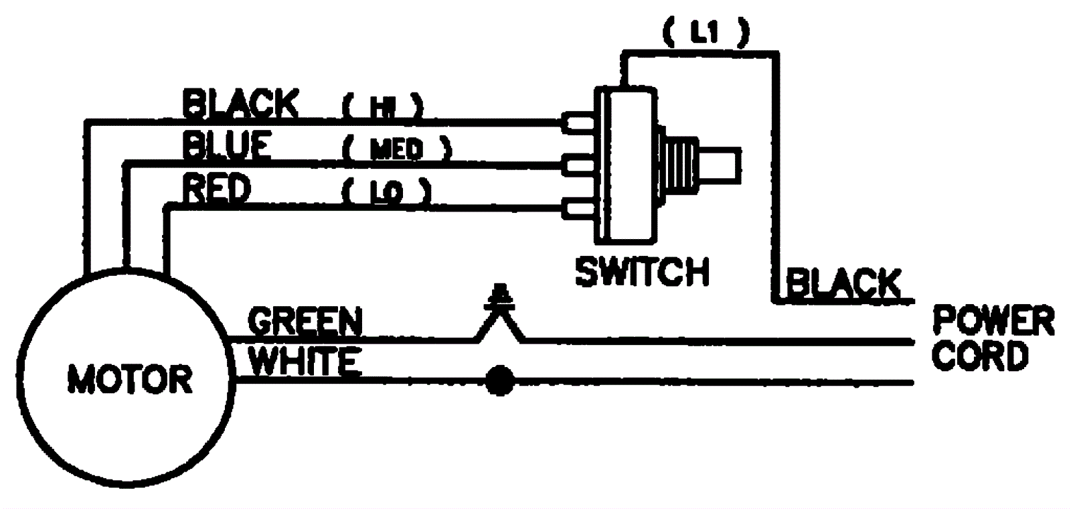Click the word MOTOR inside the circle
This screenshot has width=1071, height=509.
(130, 380)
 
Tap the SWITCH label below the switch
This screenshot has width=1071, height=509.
(642, 272)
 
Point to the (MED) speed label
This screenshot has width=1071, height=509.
(396, 149)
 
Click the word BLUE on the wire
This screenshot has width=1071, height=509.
(227, 145)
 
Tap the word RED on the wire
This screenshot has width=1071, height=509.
(216, 188)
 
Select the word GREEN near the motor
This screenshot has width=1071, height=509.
(305, 321)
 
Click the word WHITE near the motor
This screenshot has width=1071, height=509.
(305, 362)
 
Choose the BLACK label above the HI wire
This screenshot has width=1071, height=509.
(240, 104)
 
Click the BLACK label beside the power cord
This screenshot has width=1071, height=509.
(843, 283)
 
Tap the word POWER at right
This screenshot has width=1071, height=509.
(993, 320)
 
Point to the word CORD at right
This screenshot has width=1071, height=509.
(979, 356)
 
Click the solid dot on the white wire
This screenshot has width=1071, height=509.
(499, 382)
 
